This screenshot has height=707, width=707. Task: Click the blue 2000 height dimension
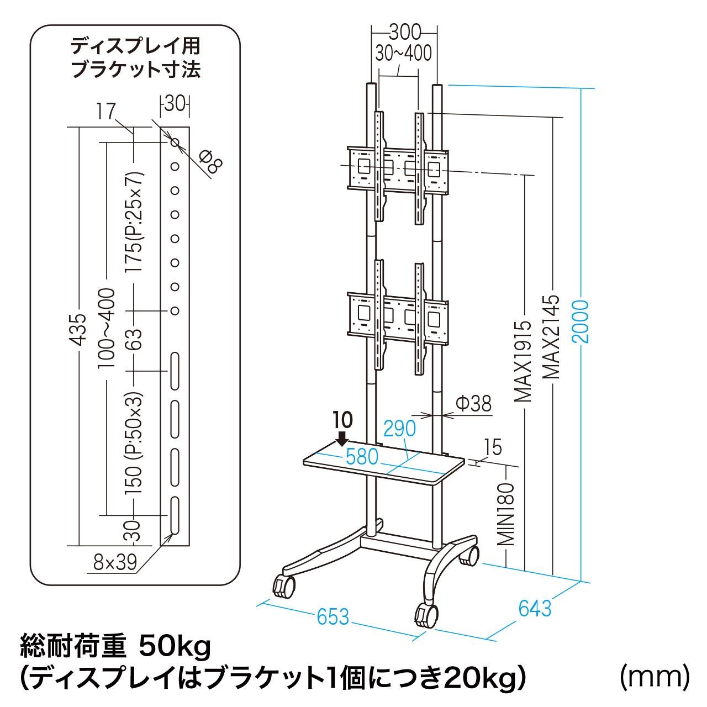581,321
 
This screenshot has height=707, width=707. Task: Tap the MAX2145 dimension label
551,337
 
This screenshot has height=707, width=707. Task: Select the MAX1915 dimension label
523,362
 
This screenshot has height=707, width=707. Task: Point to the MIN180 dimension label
506,514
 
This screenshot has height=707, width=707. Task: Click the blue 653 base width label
333,616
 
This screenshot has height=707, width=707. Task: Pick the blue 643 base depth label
535,608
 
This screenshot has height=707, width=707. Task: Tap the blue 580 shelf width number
362,457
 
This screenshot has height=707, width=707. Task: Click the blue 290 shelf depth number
399,428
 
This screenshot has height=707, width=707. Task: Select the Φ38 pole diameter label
473,404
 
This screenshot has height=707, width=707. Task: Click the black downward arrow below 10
342,439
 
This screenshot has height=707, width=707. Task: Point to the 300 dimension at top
405,32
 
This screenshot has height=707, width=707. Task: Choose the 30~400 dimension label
403,53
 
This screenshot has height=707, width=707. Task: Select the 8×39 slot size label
115,562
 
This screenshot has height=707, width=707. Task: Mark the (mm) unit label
655,676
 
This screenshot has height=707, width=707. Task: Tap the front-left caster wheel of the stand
283,586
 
